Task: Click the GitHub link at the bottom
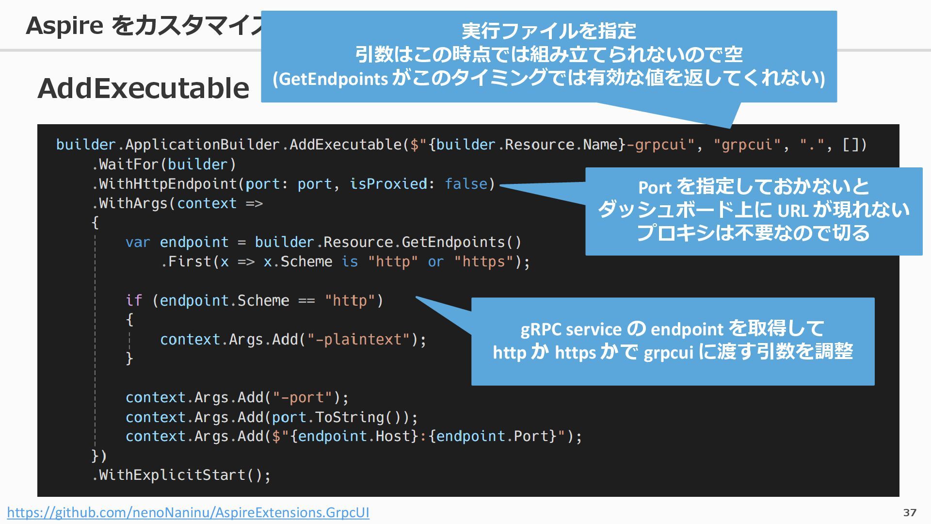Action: tap(188, 512)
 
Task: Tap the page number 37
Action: tap(910, 512)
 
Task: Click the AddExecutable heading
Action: tap(144, 88)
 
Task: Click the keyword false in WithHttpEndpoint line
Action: tap(466, 184)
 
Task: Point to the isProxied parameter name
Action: tap(388, 184)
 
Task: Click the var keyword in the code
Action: tap(138, 242)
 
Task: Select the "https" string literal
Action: tap(483, 262)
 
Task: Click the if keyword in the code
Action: tap(134, 300)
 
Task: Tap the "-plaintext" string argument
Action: tap(359, 339)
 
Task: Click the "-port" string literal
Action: tap(303, 397)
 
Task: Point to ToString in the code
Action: tap(350, 417)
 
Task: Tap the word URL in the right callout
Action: tap(793, 211)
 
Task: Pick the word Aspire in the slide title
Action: tap(64, 25)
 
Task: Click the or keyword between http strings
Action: tap(435, 262)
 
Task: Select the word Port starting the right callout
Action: tap(655, 187)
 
